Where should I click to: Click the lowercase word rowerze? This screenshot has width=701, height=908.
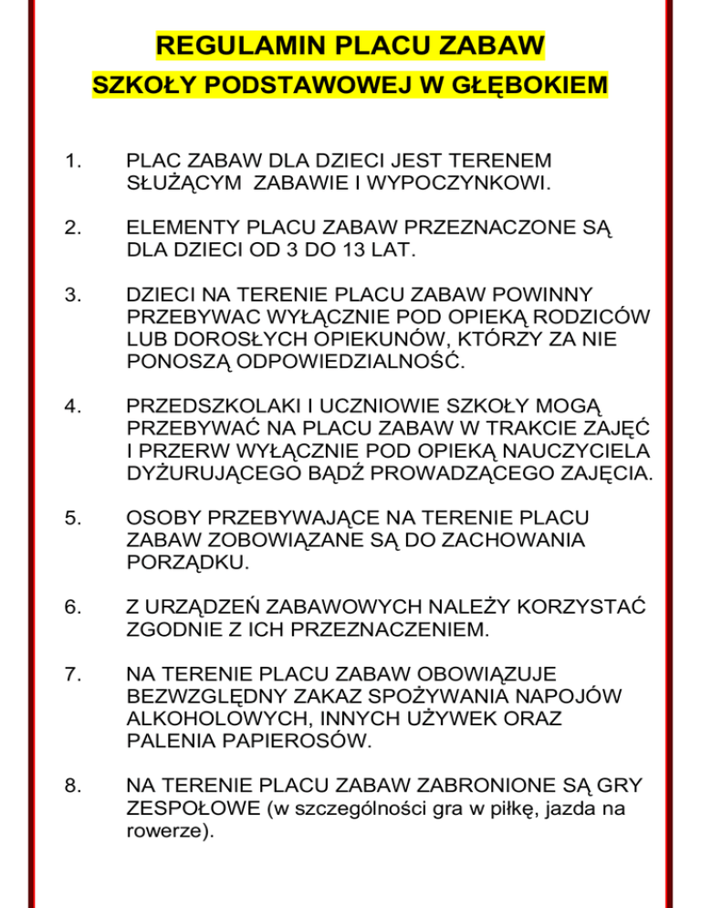(x=162, y=832)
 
